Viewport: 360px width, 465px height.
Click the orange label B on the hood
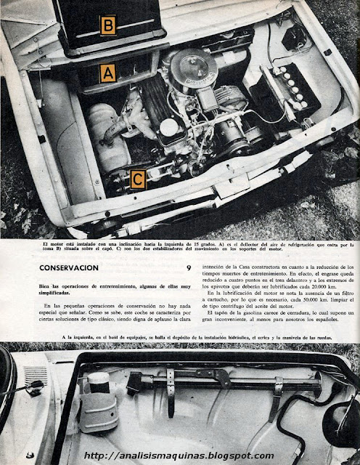[x=107, y=25]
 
